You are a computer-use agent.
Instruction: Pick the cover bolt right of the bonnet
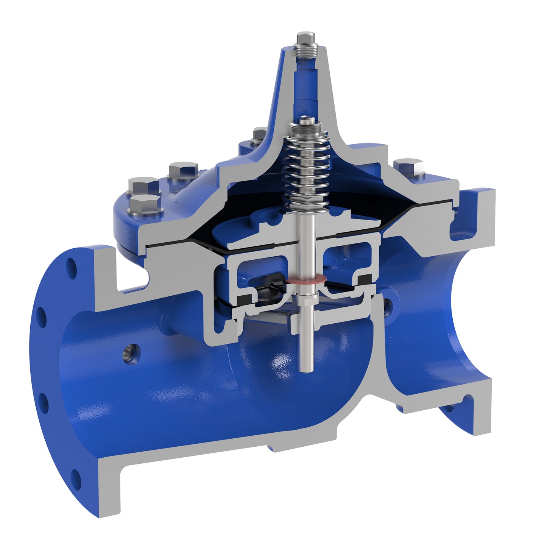(409, 167)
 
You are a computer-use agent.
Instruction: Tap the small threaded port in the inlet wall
(131, 354)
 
